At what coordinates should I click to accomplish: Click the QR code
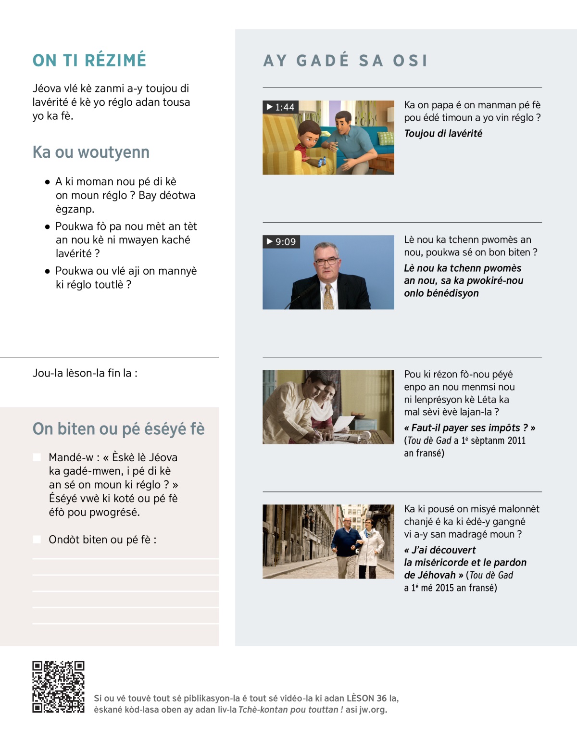click(58, 686)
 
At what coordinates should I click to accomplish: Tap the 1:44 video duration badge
click(281, 107)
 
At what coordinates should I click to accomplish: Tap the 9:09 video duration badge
click(281, 241)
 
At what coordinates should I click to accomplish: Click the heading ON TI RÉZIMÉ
click(89, 61)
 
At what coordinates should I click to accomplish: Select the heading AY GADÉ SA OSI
click(345, 61)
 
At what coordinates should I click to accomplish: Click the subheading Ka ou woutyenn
click(91, 152)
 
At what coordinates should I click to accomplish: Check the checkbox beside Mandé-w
click(37, 457)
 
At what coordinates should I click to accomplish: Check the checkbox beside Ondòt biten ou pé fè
click(37, 539)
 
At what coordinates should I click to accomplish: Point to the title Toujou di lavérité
click(443, 134)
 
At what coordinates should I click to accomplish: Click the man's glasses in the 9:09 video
click(326, 262)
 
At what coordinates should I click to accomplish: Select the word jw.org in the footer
click(373, 710)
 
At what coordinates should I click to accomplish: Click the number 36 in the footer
click(381, 698)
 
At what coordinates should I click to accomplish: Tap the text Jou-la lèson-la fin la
click(85, 373)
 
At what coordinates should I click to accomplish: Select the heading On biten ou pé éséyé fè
click(118, 429)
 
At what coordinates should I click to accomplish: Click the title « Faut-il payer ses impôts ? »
click(469, 428)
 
